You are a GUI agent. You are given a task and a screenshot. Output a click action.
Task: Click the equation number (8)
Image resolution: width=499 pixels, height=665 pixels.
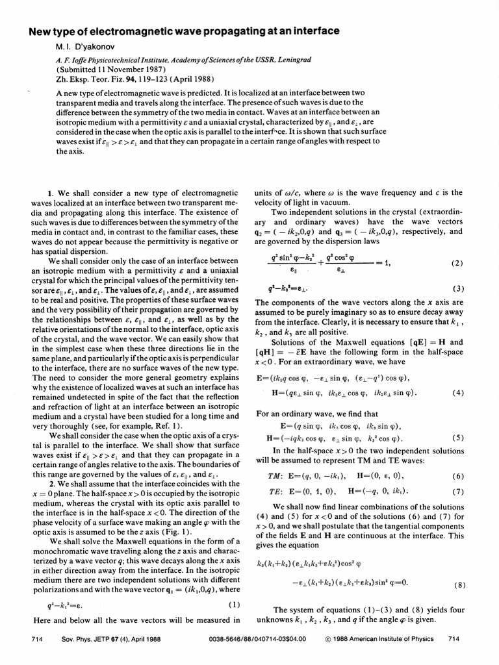[x=460, y=584]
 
